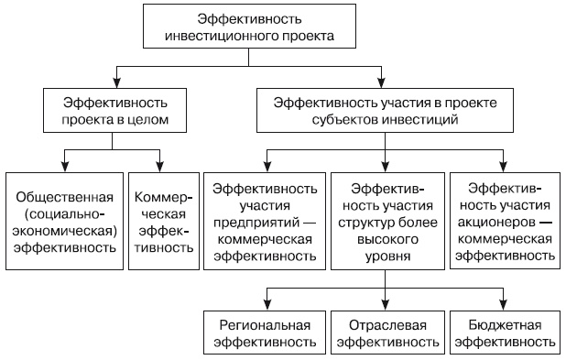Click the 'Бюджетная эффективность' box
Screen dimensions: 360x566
pyautogui.click(x=504, y=333)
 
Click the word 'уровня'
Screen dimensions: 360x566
pyautogui.click(x=383, y=257)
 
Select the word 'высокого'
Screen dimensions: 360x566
pyautogui.click(x=383, y=241)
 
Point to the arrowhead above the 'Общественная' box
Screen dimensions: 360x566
pyautogui.click(x=64, y=166)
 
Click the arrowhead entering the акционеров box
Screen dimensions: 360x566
pyautogui.click(x=504, y=166)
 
